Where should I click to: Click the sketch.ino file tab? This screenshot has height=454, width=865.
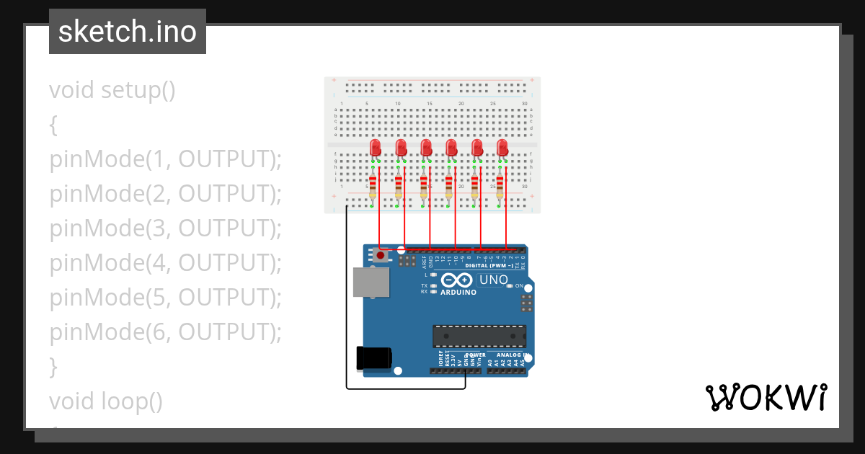(128, 32)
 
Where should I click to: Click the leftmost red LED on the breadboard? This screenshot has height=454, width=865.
(376, 148)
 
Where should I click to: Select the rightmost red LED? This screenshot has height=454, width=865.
(502, 148)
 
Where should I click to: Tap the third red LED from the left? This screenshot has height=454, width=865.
(426, 148)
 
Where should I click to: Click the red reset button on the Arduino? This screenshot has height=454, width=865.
(380, 254)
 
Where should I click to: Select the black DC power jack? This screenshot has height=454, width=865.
(373, 359)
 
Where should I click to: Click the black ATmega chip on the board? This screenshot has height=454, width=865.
(479, 336)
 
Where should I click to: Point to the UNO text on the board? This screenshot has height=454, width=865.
(494, 280)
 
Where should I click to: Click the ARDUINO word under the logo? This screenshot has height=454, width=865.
(458, 293)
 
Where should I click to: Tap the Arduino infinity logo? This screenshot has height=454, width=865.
(458, 280)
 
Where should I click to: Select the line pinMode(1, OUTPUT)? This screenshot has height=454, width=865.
(165, 160)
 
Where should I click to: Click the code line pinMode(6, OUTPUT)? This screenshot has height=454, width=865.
(165, 332)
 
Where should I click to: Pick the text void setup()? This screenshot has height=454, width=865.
(112, 91)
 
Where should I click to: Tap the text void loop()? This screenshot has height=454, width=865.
(106, 401)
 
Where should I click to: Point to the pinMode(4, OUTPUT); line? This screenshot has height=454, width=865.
(165, 263)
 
